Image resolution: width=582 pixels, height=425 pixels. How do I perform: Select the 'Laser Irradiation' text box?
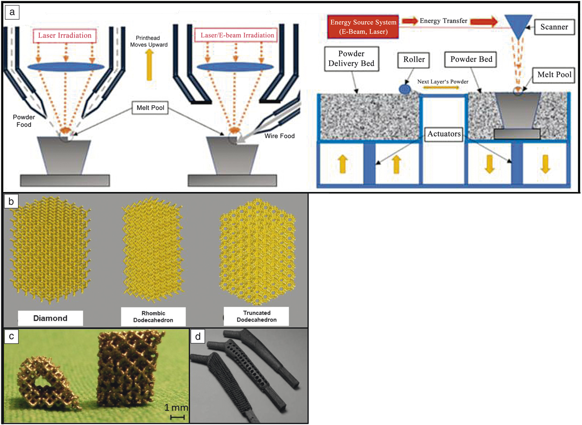65,36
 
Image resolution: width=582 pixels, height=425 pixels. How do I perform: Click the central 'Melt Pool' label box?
150,108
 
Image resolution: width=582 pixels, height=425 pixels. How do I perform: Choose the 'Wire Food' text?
280,135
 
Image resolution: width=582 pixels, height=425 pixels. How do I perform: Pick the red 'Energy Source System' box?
363,27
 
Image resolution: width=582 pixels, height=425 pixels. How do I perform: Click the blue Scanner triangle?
518,25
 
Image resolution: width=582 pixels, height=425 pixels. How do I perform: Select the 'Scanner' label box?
554,27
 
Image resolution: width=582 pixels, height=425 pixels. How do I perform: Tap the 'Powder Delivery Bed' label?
351,59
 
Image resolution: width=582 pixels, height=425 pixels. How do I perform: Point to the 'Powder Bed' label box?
471,60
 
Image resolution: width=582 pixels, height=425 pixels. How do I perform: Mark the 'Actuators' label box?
444,134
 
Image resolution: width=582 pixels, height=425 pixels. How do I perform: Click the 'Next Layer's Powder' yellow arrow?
442,88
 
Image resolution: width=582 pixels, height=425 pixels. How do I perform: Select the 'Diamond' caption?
50,318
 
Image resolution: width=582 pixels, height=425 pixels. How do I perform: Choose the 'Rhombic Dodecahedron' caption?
153,317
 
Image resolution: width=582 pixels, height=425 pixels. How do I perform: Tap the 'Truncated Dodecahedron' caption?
256,316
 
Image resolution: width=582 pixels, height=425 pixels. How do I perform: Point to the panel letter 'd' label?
198,336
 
